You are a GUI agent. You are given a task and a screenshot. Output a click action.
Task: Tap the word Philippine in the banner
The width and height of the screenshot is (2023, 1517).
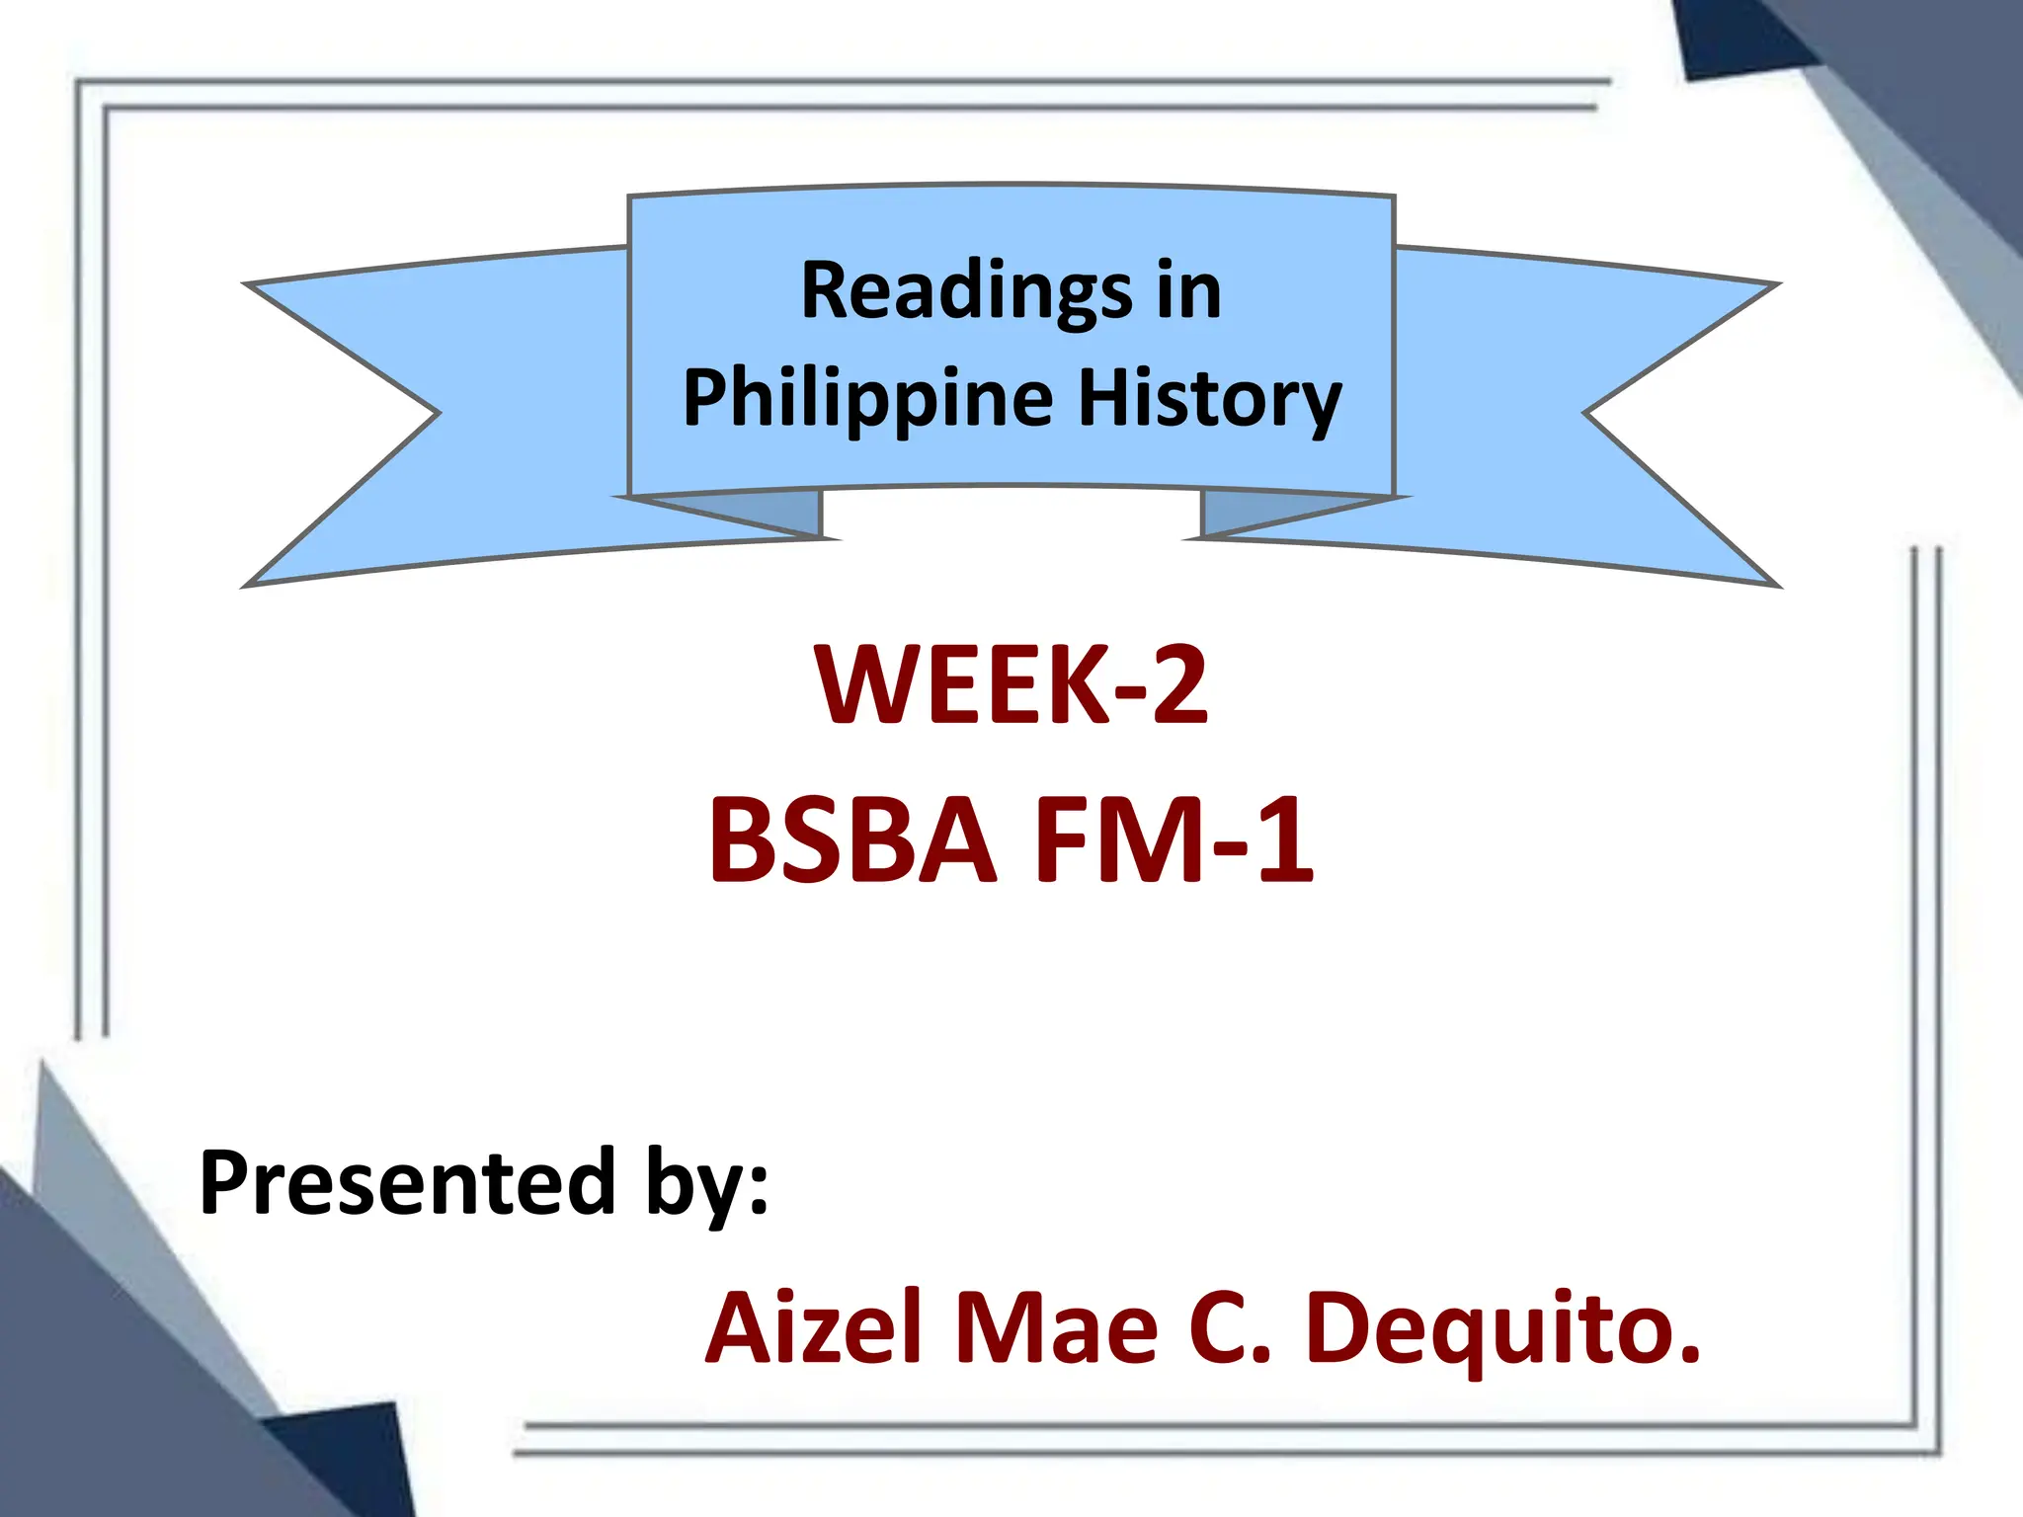pos(868,399)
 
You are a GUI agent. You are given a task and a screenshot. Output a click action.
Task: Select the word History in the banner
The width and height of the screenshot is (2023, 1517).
pos(1209,399)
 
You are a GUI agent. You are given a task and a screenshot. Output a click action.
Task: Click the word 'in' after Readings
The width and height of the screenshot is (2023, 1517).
pos(1189,291)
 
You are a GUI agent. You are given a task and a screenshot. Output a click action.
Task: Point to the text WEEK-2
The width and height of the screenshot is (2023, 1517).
pos(1011,684)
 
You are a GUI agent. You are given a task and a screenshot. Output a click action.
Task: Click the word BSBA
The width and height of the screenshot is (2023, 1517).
pos(851,840)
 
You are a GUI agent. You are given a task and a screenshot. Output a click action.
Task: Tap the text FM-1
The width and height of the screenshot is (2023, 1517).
pos(1173,840)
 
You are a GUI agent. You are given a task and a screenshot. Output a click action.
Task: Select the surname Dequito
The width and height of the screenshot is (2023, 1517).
pos(1501,1328)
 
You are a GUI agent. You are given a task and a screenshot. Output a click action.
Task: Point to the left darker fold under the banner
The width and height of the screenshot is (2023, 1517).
pos(780,511)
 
